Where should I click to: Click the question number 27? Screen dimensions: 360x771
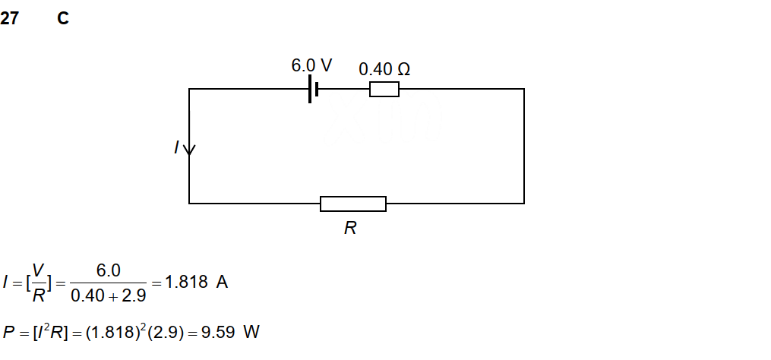[9, 19]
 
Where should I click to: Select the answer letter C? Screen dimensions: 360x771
[63, 19]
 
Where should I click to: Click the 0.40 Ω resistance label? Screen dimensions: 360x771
[384, 69]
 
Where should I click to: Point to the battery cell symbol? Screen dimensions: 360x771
[312, 89]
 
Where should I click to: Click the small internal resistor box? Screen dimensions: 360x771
[384, 90]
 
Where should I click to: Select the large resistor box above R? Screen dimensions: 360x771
[353, 204]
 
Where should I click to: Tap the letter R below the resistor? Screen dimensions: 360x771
[350, 228]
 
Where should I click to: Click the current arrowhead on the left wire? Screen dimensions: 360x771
[189, 150]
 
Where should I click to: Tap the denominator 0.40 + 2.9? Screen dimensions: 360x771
[108, 295]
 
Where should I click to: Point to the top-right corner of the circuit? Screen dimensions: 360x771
[523, 89]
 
